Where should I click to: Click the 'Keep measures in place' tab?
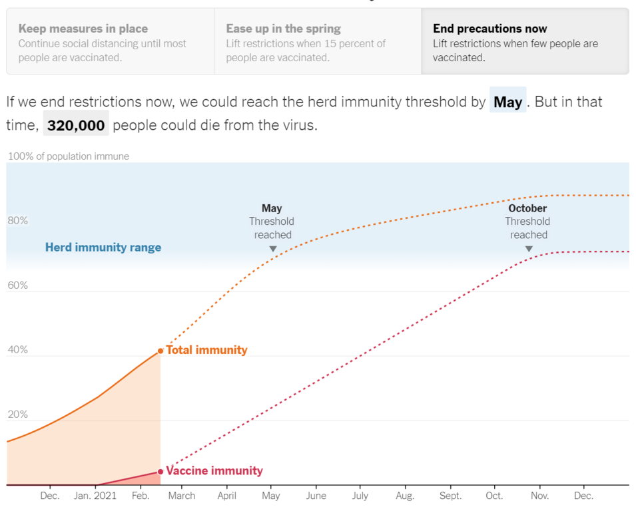coord(110,41)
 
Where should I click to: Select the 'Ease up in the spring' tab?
coord(317,41)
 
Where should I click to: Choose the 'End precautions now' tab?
coord(525,41)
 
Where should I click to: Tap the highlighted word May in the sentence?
coord(508,101)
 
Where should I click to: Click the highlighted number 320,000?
coord(76,125)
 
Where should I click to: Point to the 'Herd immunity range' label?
coord(103,248)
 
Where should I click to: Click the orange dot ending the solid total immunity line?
coord(160,351)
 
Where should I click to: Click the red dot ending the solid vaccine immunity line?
coord(160,472)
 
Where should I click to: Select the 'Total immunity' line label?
coord(206,350)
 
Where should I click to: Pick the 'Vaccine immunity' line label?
coord(214,471)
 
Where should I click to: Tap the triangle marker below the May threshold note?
coord(272,249)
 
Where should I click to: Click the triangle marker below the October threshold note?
coord(529,249)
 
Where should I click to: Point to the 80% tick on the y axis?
coord(17,221)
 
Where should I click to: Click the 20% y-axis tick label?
coord(17,415)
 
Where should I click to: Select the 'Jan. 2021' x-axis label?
coord(95,496)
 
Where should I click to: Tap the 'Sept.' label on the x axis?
coord(450,496)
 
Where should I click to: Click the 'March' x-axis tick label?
coord(182,496)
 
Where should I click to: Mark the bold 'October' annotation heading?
coord(527,208)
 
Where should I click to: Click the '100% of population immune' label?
coord(69,156)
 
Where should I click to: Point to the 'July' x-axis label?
coord(360,496)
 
